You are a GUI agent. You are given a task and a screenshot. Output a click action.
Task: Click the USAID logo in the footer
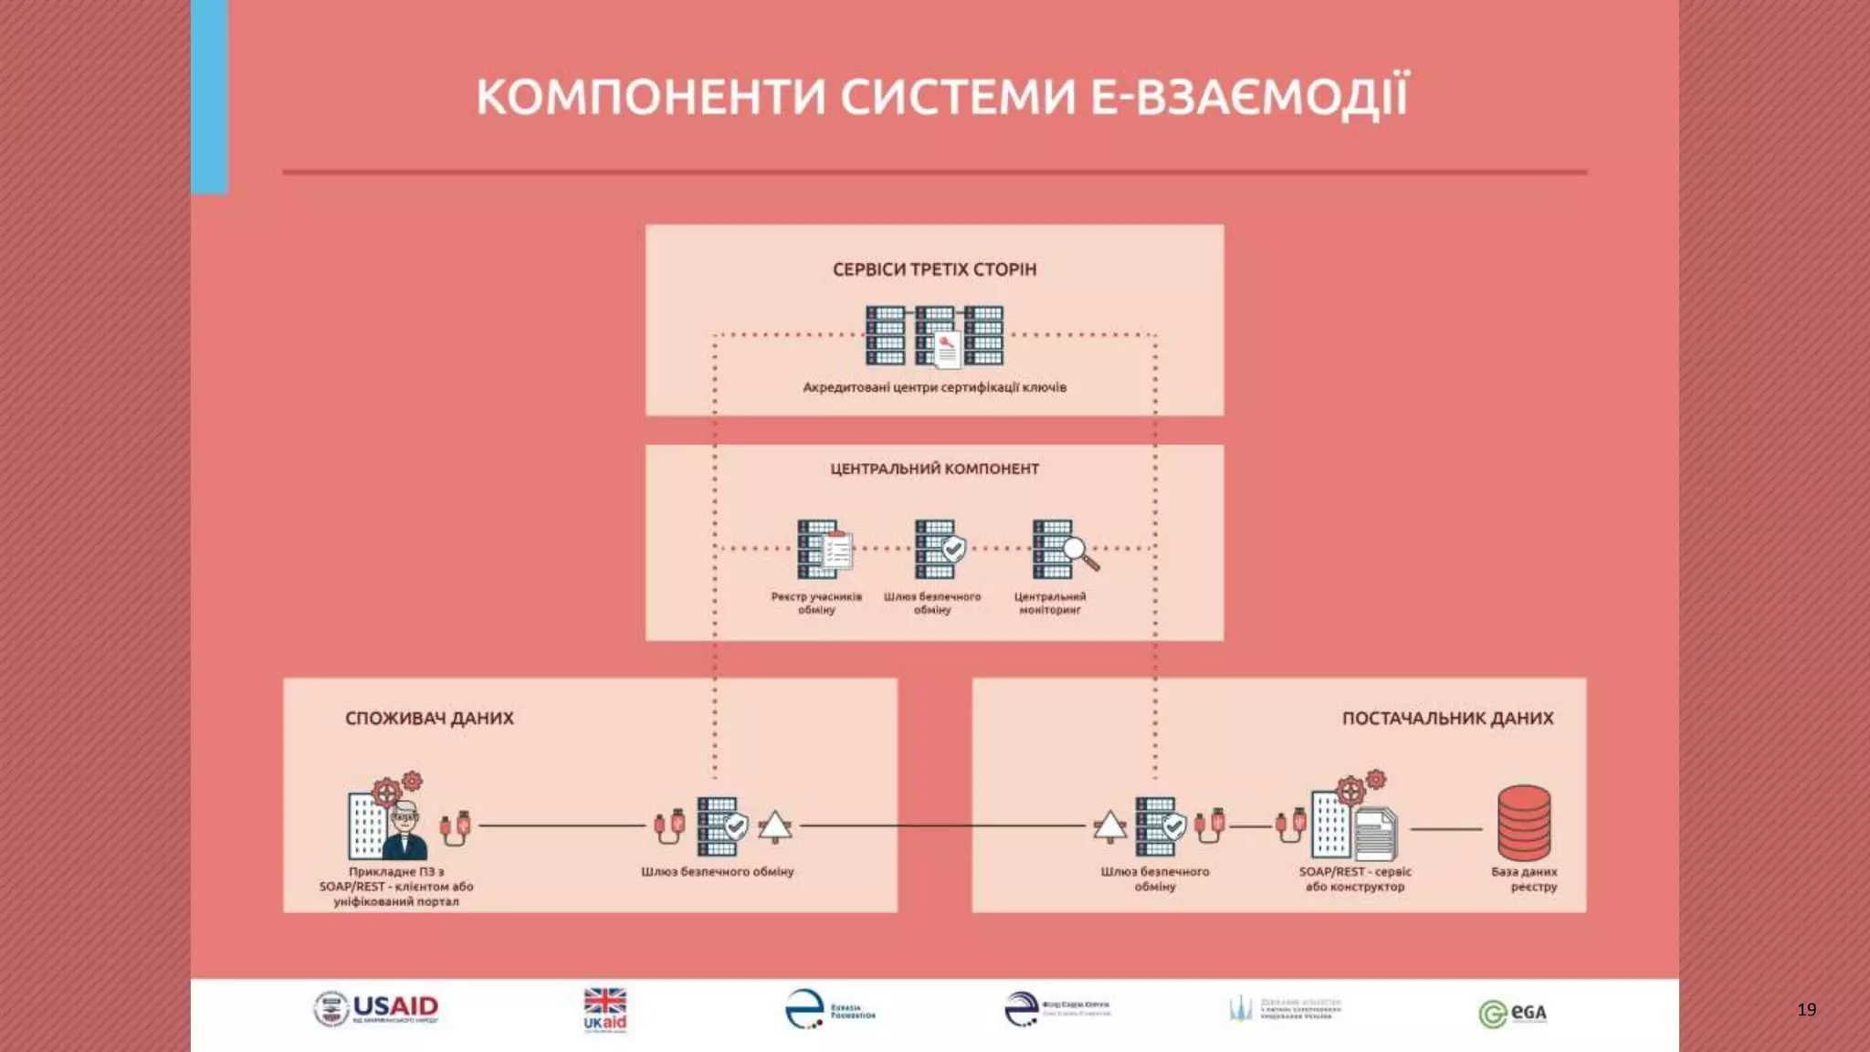pos(376,1009)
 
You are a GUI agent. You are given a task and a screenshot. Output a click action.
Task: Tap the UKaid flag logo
pos(604,1009)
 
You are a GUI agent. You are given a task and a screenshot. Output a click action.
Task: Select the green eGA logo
pos(1512,1013)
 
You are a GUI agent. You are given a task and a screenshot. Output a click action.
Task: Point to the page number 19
pos(1806,1009)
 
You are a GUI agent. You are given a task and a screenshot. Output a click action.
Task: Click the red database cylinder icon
pos(1523,823)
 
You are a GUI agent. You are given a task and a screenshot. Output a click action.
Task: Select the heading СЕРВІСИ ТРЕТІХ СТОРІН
pos(934,269)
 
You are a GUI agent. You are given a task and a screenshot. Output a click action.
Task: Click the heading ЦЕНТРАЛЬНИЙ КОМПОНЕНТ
pos(934,468)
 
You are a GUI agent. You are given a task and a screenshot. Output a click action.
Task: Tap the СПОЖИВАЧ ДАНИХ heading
pos(429,718)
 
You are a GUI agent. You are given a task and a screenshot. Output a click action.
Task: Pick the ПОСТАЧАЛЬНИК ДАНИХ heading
pos(1447,718)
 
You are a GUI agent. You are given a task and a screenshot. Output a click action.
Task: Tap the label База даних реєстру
pos(1525,878)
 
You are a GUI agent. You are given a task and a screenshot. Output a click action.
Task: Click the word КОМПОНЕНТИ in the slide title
pos(650,97)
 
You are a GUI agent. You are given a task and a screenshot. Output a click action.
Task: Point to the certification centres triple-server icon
pos(934,336)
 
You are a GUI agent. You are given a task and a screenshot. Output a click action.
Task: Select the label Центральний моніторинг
pos(1049,603)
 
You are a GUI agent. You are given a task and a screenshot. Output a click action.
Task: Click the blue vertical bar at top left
pos(209,96)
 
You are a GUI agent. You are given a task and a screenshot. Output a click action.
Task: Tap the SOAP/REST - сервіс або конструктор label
pos(1355,878)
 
